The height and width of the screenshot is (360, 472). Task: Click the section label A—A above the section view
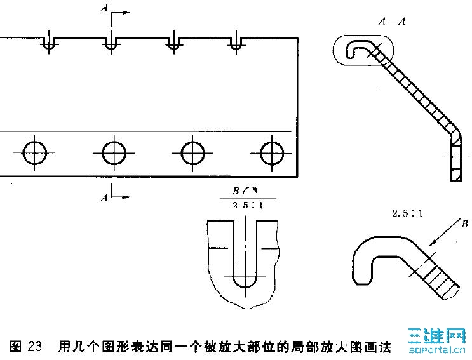[391, 22]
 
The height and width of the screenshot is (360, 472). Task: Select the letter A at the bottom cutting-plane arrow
[104, 198]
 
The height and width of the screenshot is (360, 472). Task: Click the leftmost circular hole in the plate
[34, 152]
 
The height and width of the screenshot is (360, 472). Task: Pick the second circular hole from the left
[114, 152]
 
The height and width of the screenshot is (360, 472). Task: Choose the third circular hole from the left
[192, 152]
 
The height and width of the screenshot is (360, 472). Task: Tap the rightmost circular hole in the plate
[272, 152]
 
